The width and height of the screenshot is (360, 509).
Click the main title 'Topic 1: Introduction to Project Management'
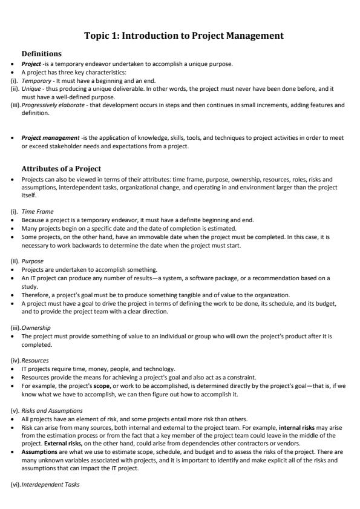(184, 36)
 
